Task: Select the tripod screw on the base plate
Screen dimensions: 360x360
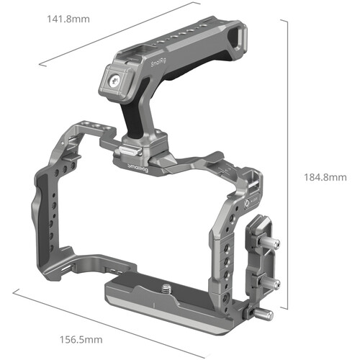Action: [x=166, y=289]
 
